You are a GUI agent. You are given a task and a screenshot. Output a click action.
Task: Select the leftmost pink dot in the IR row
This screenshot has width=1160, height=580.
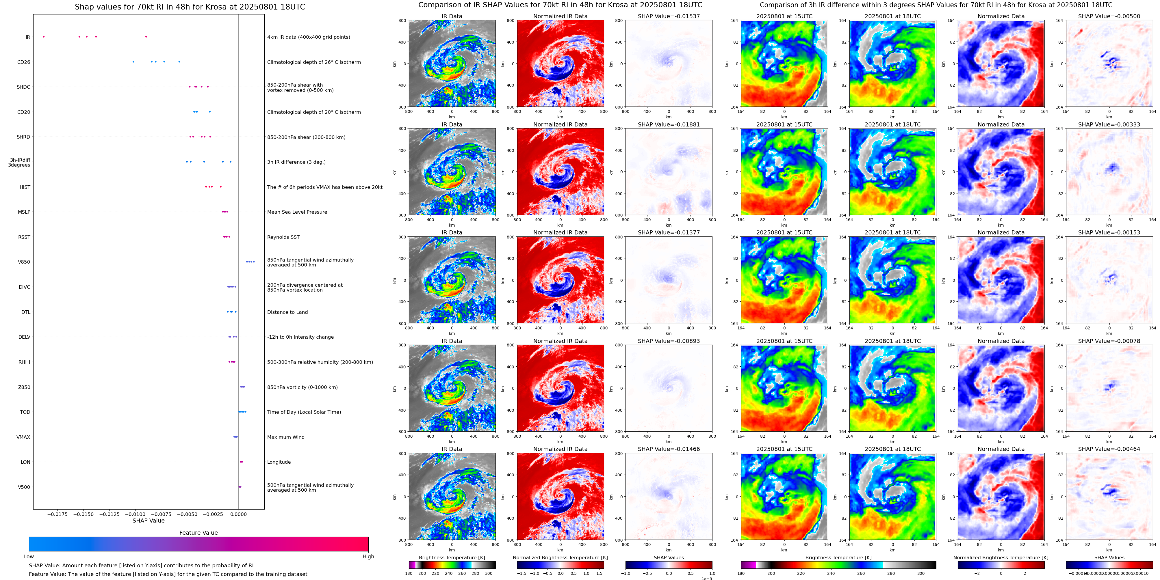[x=44, y=36]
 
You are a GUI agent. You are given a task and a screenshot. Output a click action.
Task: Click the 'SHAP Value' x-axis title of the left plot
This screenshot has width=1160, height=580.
[x=149, y=521]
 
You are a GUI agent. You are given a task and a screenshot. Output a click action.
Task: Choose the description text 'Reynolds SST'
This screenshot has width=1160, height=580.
[x=283, y=237]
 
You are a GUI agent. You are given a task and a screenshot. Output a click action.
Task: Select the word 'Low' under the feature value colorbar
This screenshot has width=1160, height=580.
[x=29, y=557]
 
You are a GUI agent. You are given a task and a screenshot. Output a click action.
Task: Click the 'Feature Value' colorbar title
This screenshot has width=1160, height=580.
[x=198, y=533]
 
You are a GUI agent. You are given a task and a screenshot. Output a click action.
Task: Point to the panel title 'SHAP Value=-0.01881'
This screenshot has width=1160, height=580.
[x=669, y=125]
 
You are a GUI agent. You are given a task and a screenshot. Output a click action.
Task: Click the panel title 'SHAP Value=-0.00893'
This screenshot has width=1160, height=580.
[x=669, y=341]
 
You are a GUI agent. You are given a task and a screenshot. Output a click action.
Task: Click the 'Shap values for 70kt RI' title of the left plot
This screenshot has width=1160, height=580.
[x=190, y=7]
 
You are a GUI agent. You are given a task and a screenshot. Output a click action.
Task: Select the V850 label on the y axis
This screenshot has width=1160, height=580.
[x=24, y=262]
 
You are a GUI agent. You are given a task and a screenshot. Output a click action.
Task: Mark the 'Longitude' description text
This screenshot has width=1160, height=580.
[x=279, y=462]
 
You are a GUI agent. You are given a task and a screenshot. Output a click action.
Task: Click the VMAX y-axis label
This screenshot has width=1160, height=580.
[x=23, y=437]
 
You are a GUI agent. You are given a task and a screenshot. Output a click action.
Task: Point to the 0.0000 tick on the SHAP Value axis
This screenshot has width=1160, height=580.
[x=239, y=514]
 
